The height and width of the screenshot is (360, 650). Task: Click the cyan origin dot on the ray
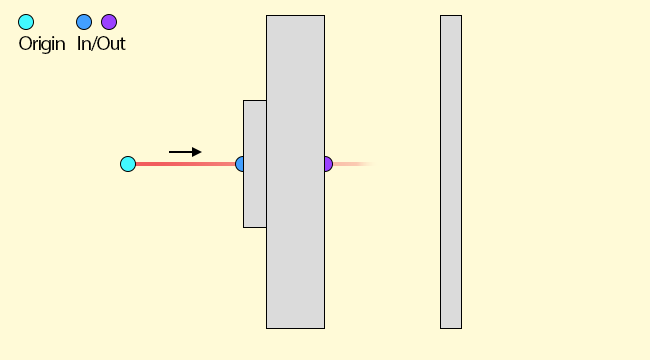[x=128, y=164]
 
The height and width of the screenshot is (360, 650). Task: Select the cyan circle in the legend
[x=26, y=22]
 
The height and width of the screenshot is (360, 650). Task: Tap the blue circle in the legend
[x=84, y=22]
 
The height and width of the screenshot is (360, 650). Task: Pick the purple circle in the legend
[x=109, y=22]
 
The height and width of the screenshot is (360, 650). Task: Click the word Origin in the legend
[x=42, y=44]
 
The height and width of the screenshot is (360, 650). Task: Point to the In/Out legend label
[x=101, y=44]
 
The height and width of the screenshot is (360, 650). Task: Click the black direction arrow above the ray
[x=185, y=152]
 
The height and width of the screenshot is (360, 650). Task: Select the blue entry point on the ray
[x=239, y=164]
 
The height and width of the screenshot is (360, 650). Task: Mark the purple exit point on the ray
[x=329, y=164]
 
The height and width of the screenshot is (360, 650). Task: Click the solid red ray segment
[x=185, y=164]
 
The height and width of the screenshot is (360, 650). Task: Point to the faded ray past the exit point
[x=355, y=164]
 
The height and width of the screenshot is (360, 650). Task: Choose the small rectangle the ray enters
[x=255, y=164]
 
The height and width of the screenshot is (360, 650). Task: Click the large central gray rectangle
[x=296, y=172]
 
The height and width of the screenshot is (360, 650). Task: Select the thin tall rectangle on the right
[x=451, y=172]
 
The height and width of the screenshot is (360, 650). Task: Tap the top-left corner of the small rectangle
[x=243, y=100]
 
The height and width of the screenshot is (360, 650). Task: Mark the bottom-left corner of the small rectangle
[x=243, y=227]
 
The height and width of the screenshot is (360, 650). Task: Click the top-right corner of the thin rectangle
[x=461, y=16]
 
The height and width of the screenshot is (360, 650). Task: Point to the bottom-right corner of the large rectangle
[x=325, y=328]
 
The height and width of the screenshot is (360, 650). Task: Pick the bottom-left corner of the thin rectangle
[x=441, y=328]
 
